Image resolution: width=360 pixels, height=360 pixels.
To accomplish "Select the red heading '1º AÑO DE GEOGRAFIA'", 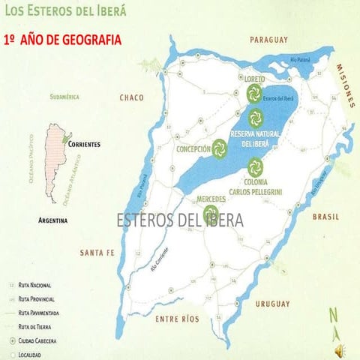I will tap(61, 40).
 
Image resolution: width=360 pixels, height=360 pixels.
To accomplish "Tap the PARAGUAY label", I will tap(268, 39).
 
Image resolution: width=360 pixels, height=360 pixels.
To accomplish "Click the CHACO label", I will tap(131, 97).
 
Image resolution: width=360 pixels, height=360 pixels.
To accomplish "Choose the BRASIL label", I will tap(325, 217).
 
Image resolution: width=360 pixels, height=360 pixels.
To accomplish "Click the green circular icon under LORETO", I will tap(252, 93).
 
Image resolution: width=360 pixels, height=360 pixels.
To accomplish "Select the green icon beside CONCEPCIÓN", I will tap(219, 148).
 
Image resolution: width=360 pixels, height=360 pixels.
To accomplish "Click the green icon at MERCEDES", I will tap(211, 213).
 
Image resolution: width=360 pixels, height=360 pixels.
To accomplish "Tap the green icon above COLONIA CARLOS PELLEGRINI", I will tap(256, 165).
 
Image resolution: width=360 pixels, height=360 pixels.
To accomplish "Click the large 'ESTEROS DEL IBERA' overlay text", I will tap(180, 220).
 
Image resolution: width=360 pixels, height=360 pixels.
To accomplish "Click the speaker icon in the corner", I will tap(340, 348).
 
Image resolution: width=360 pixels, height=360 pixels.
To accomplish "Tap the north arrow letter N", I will tap(333, 316).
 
